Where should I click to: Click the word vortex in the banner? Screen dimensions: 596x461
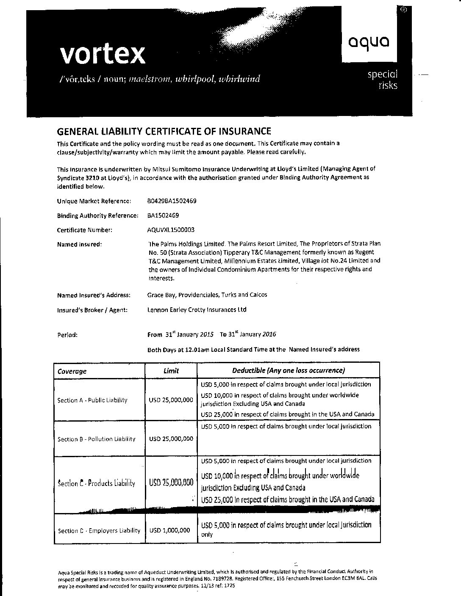(x=103, y=54)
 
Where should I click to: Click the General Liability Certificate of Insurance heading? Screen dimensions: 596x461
(x=164, y=131)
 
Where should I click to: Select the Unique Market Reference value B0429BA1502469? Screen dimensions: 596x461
(x=172, y=201)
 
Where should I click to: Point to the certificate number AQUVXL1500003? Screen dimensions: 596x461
(x=171, y=230)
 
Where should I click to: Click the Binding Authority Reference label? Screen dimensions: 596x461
(x=97, y=215)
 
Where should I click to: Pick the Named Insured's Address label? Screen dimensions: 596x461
(x=94, y=295)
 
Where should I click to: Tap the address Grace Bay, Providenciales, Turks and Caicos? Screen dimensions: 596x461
(x=207, y=295)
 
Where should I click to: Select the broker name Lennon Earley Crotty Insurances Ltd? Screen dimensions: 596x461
(x=197, y=310)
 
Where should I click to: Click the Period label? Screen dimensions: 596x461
(x=67, y=335)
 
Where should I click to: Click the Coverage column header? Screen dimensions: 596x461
(x=72, y=371)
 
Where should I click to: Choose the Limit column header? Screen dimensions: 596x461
(x=171, y=371)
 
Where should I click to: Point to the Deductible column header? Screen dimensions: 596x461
(x=289, y=370)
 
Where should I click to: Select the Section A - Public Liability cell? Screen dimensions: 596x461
(x=92, y=400)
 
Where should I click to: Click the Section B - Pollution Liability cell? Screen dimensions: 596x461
(x=97, y=439)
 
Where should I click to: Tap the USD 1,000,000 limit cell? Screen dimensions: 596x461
(x=171, y=530)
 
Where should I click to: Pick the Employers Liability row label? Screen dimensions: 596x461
(x=99, y=530)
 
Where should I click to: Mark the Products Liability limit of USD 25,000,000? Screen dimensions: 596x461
(x=171, y=482)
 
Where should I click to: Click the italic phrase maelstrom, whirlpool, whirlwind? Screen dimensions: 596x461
(x=194, y=79)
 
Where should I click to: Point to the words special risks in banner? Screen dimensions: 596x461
(x=383, y=80)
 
